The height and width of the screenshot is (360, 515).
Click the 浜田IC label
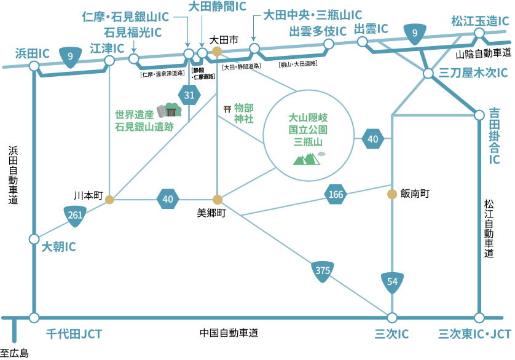(x=32, y=53)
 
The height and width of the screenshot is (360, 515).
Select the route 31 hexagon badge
(x=189, y=95)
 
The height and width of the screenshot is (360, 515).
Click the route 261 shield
(x=75, y=214)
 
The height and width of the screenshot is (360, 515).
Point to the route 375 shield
(x=322, y=270)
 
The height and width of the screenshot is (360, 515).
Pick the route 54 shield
(x=393, y=281)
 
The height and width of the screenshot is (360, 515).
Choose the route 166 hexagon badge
(x=336, y=195)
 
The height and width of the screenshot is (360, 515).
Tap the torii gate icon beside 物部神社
(x=227, y=109)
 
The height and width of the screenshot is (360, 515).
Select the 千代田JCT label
(x=74, y=334)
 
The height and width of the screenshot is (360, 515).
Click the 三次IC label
(x=392, y=334)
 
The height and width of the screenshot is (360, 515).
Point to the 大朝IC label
(x=58, y=247)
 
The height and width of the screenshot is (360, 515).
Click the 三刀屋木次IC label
(x=474, y=73)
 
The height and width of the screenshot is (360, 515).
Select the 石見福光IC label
(x=132, y=31)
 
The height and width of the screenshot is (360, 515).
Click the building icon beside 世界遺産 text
(x=170, y=110)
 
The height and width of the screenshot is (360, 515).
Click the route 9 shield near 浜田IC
(x=71, y=57)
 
